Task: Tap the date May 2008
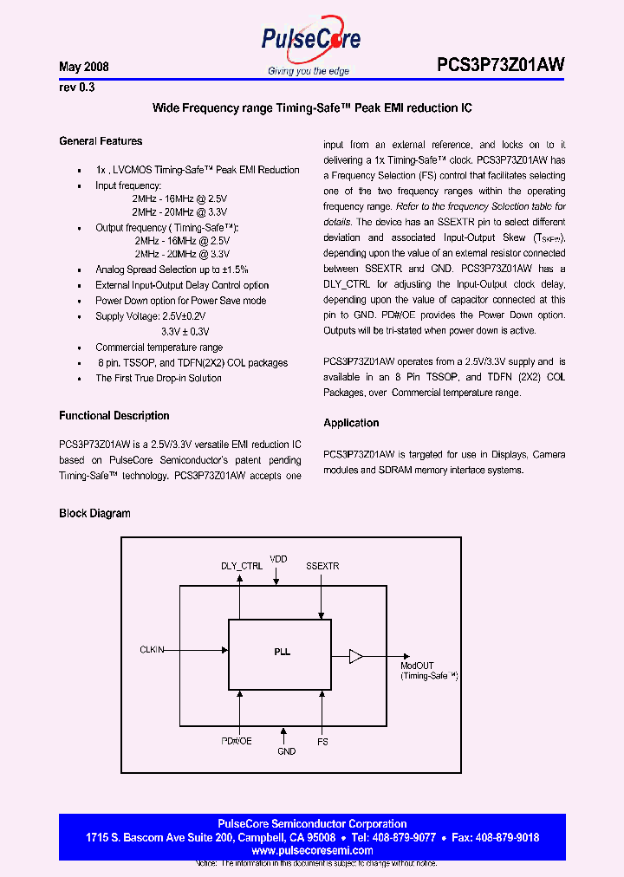[83, 67]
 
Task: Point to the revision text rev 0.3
[76, 88]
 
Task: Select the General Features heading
[101, 141]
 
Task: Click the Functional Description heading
[114, 416]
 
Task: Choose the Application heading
[351, 423]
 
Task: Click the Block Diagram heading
[94, 513]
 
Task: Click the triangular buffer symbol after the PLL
[355, 656]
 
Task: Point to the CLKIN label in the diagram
[153, 649]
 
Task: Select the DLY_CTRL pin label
[242, 566]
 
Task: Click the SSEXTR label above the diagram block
[322, 566]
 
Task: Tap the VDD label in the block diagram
[278, 559]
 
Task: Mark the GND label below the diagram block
[286, 751]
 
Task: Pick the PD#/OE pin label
[236, 742]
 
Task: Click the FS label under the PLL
[322, 742]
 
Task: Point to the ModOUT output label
[417, 666]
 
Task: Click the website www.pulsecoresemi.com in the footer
[313, 851]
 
